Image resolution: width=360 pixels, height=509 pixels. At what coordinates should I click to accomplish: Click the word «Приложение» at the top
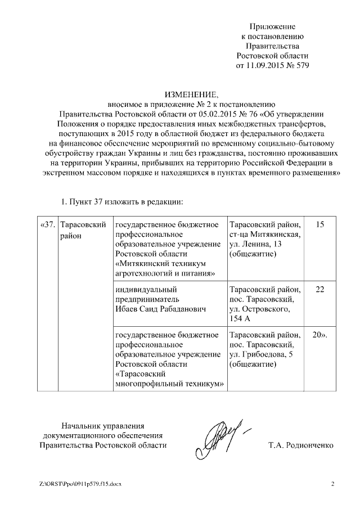coord(272,26)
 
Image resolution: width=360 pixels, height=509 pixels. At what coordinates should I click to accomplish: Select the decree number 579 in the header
coord(302,65)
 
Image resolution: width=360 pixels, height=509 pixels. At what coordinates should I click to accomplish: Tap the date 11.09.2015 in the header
coord(265,65)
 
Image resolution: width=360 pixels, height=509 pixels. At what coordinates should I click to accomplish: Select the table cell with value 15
coord(320,225)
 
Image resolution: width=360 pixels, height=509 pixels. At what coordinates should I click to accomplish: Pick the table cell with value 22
coord(320,289)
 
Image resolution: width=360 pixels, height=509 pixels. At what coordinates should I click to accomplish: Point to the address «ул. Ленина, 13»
coord(258,245)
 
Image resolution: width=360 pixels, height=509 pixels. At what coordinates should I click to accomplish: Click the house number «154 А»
coord(241,318)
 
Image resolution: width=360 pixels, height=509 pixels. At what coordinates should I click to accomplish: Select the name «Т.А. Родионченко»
coord(301,445)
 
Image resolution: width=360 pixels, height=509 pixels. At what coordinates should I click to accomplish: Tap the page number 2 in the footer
coord(332,484)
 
